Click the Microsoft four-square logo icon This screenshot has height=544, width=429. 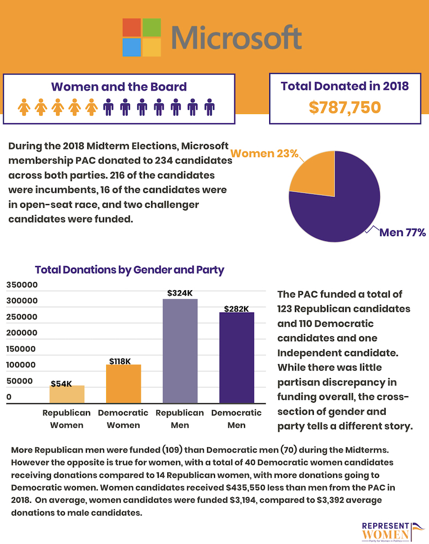coord(142,37)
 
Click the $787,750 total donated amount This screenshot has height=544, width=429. coord(345,107)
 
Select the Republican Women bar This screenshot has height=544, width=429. coord(66,394)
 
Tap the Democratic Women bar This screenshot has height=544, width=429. coord(123,384)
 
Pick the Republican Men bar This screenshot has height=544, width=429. coord(180,351)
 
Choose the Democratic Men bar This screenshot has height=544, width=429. coord(236,358)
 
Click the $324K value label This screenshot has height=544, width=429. coord(180,293)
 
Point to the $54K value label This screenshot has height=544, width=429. coord(62,384)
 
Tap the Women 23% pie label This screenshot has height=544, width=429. coord(264,153)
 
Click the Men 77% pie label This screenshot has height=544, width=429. coord(402,232)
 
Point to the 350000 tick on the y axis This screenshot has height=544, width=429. coord(22,285)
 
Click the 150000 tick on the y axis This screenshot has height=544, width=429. coord(21,349)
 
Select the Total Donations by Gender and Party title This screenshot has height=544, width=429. coord(129,270)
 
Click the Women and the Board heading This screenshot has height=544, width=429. coord(119,87)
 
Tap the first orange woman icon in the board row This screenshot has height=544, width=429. coord(24,107)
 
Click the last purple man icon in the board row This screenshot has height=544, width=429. coord(209,107)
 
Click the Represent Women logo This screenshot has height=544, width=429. coord(393,532)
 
